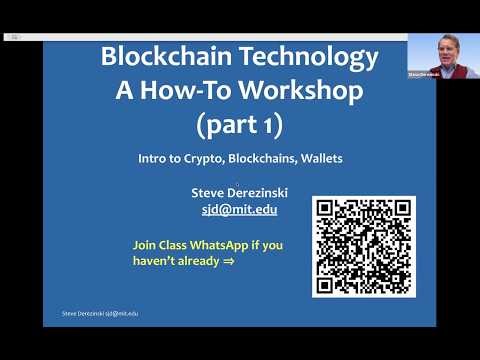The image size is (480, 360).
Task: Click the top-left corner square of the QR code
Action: pos(327,211)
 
